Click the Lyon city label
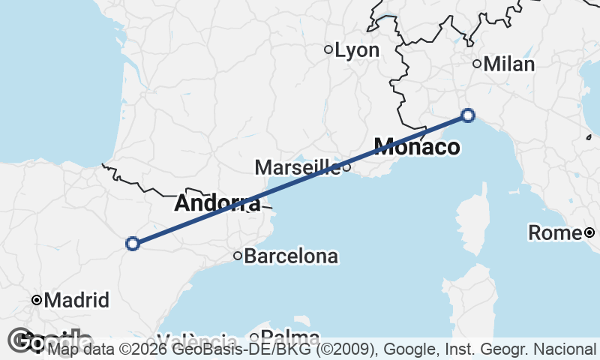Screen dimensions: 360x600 coord(357,50)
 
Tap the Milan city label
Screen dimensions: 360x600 coord(509,64)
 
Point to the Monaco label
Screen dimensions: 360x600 coord(417,147)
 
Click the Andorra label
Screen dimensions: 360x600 coord(217,203)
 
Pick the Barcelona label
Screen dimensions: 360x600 coord(291,256)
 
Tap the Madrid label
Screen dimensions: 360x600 coord(77,301)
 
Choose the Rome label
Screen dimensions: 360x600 coord(555,233)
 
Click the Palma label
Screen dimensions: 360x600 coord(289,338)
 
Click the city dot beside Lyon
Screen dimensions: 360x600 coord(328,49)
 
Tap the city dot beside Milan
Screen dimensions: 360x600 coord(477,64)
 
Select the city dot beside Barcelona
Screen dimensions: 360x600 coord(238,256)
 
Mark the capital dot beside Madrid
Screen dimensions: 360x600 coord(36,300)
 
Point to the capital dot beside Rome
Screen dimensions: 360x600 coord(589,232)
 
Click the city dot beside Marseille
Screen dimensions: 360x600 coord(346,166)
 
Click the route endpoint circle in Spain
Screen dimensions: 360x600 coord(133,243)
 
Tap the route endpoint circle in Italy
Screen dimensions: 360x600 coord(468,115)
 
